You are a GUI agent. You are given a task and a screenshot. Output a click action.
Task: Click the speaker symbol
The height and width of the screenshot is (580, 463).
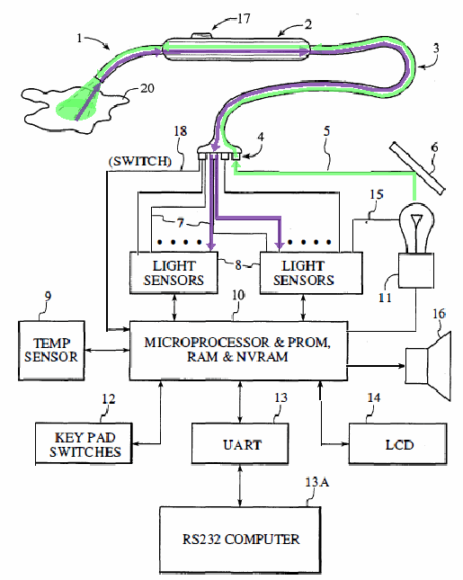[x=428, y=365]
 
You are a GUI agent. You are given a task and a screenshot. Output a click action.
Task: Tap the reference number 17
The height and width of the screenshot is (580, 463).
[x=244, y=18]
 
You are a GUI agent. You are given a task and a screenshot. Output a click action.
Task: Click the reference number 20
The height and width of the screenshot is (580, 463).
[x=147, y=88]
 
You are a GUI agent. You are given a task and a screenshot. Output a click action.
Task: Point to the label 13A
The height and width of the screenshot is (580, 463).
[x=317, y=482]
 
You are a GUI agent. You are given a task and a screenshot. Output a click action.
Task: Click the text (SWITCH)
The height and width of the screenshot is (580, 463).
[x=140, y=161]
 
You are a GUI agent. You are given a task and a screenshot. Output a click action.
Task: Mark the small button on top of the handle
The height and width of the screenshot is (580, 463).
[x=201, y=35]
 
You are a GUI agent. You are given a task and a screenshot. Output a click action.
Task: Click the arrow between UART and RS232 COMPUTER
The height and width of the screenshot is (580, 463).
[x=240, y=486]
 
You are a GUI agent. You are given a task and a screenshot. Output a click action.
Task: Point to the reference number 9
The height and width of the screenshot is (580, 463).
[x=48, y=296]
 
